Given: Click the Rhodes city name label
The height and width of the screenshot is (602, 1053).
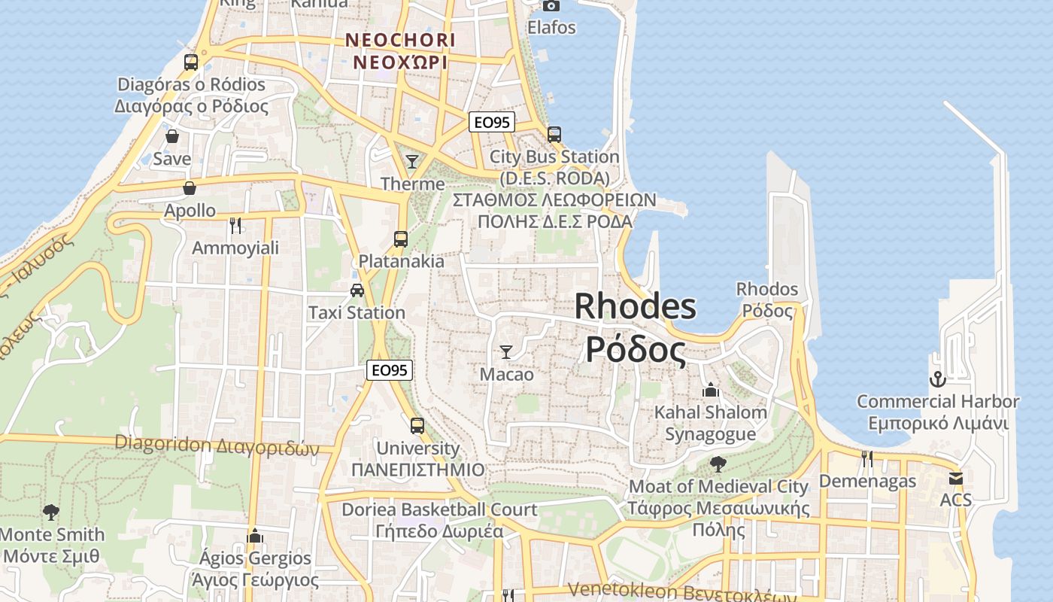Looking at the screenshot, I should pos(636,328).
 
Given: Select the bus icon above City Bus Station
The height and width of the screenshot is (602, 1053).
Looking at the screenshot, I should pos(554,135).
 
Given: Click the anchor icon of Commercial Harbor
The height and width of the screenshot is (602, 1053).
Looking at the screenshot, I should pos(937,379).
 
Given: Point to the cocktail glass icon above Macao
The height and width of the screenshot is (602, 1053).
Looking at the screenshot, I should pos(506,351).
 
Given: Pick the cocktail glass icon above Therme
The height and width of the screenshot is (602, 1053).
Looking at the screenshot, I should pos(411,161).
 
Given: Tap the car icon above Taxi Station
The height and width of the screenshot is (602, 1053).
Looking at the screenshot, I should pos(357,290).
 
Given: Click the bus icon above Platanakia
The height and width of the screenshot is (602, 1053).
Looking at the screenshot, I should pos(401,239).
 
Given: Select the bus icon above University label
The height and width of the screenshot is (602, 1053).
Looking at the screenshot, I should pos(417,426).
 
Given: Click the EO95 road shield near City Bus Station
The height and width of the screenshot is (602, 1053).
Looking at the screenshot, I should pos(492,122).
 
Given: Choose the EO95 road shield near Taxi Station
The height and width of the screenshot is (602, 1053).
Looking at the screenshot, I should pos(390,369).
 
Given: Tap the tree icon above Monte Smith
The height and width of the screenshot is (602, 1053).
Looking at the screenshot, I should pos(51,512).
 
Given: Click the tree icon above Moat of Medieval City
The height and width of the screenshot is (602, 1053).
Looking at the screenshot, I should pos(718,464).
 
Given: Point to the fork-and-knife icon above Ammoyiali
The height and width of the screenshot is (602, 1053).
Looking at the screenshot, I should pos(235,225).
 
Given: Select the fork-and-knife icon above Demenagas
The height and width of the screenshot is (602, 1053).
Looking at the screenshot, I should pos(867,458).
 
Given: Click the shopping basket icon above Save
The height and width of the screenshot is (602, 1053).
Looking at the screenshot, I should pos(172,137).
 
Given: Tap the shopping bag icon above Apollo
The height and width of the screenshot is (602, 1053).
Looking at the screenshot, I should pos(190,188).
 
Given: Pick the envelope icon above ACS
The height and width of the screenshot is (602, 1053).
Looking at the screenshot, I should pos(956,478).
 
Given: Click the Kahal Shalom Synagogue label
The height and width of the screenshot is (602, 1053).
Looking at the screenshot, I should pos(710,423).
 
